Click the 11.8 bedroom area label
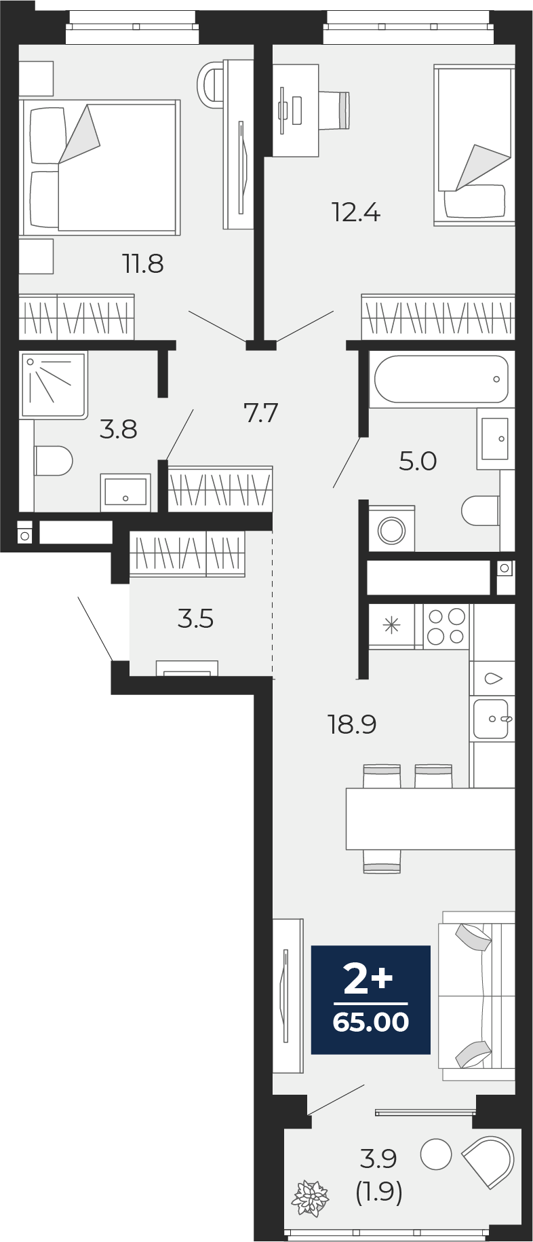(143, 263)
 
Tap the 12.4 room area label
(356, 212)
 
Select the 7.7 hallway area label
(261, 412)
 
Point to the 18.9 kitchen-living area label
(352, 724)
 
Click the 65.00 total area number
(371, 1022)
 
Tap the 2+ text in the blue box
(368, 979)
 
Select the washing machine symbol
(391, 529)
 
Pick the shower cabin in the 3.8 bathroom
(54, 384)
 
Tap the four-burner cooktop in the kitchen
(446, 626)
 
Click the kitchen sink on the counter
(491, 719)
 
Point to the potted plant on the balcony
(310, 1198)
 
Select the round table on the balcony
(436, 1154)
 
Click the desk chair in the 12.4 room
(334, 110)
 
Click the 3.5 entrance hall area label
(196, 619)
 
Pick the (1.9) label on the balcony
(379, 1192)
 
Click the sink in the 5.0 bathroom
(495, 439)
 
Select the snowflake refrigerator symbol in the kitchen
(392, 625)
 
